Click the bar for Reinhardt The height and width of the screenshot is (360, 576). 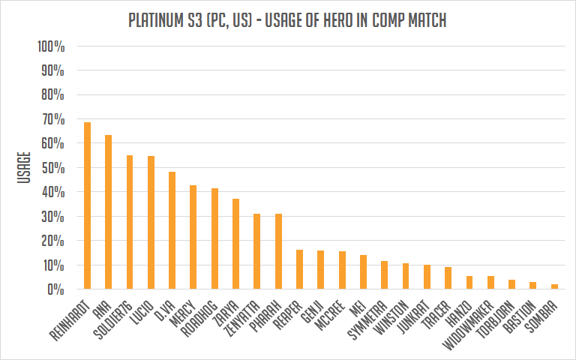pyautogui.click(x=87, y=206)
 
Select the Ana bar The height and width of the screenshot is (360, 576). pyautogui.click(x=108, y=212)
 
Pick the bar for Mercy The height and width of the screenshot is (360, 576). pyautogui.click(x=193, y=237)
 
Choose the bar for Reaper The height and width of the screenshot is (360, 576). pyautogui.click(x=299, y=269)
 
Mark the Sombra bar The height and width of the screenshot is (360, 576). pyautogui.click(x=554, y=286)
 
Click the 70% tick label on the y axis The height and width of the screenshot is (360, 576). pyautogui.click(x=51, y=119)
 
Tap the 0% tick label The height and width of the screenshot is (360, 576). pyautogui.click(x=55, y=289)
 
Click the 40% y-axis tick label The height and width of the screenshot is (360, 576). pyautogui.click(x=51, y=192)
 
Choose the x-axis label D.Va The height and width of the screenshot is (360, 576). pyautogui.click(x=165, y=310)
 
